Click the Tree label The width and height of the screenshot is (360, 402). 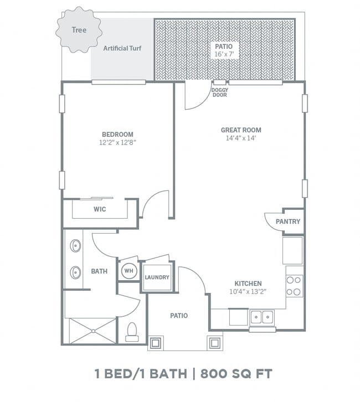(x=79, y=30)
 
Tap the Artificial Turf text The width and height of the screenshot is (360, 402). (x=122, y=48)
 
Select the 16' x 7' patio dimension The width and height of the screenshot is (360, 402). (x=224, y=54)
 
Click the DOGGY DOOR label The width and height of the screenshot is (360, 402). (x=220, y=92)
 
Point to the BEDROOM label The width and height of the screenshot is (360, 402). (x=117, y=135)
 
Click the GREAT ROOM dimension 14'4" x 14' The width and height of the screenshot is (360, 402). (x=241, y=138)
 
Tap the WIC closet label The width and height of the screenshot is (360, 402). (x=100, y=209)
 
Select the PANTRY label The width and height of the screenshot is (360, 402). (x=288, y=221)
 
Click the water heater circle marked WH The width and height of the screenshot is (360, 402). (x=129, y=271)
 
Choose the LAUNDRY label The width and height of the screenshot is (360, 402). (x=157, y=277)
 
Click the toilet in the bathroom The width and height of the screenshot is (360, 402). (x=132, y=332)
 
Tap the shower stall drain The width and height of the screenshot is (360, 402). (x=94, y=331)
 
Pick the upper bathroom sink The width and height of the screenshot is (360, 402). (x=75, y=246)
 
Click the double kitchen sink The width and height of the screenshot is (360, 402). (x=262, y=318)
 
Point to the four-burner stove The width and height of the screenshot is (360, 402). (x=294, y=286)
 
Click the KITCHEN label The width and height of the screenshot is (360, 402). (x=248, y=284)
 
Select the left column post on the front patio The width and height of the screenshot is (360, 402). (x=156, y=343)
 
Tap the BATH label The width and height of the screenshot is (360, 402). (x=99, y=271)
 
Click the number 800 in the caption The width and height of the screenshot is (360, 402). (x=214, y=374)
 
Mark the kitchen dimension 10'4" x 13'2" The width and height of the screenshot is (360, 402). (x=248, y=291)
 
